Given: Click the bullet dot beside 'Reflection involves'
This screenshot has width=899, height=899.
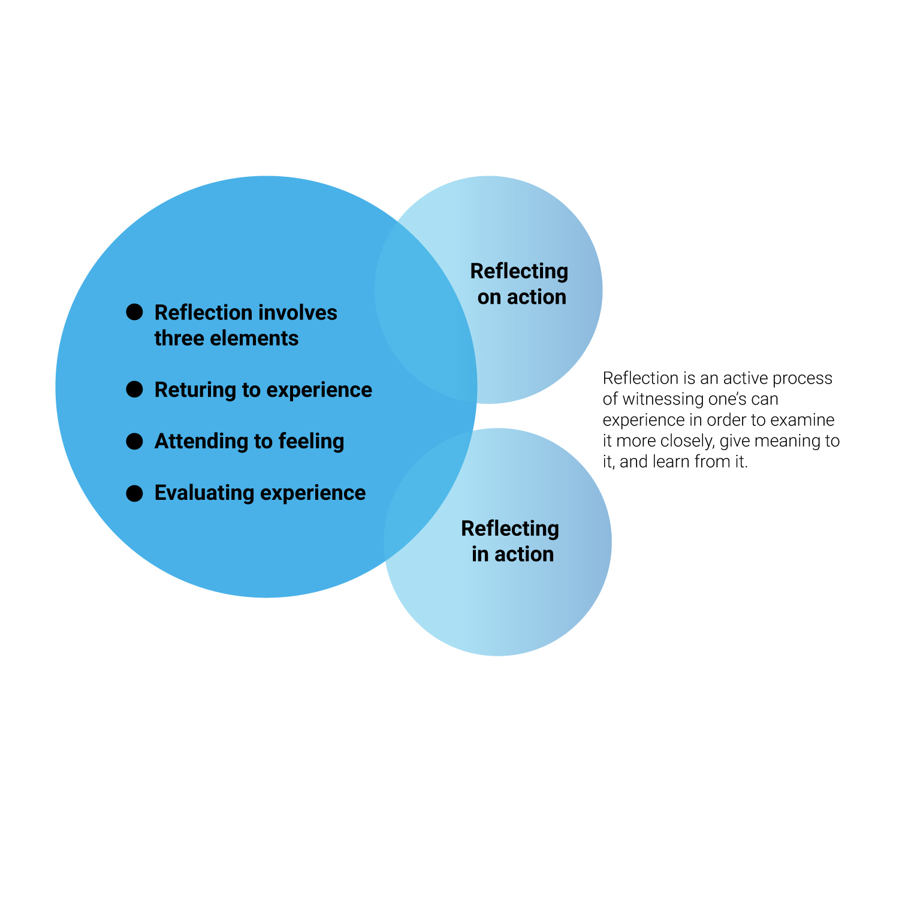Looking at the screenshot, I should pyautogui.click(x=135, y=312).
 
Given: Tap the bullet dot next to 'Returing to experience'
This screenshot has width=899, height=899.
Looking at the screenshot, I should pyautogui.click(x=135, y=390).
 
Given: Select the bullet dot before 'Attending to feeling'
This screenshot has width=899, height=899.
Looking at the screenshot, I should pyautogui.click(x=135, y=441).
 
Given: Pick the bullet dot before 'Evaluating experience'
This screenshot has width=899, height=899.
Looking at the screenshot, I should pyautogui.click(x=135, y=493).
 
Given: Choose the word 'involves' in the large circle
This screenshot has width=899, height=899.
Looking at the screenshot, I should pyautogui.click(x=306, y=313).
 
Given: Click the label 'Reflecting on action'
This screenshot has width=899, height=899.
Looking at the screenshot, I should pyautogui.click(x=520, y=284).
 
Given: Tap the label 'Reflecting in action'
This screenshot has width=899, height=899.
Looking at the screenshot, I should pyautogui.click(x=511, y=541).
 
